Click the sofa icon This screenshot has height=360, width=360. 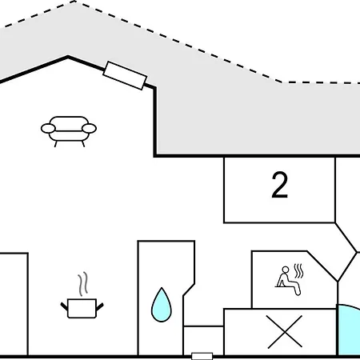coord(68,130)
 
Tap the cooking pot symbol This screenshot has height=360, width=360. coord(82,306)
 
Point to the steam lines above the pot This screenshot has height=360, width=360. coord(82,284)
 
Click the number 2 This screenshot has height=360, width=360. coord(279,186)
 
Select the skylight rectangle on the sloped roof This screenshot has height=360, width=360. coord(125,74)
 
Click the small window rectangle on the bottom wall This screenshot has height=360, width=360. coord(202,355)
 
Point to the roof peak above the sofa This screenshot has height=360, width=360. coord(68,56)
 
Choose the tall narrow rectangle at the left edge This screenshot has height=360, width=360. coord(14,304)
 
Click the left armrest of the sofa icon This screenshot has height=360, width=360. coord(47,128)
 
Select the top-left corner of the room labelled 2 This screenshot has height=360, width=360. coord(224,157)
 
